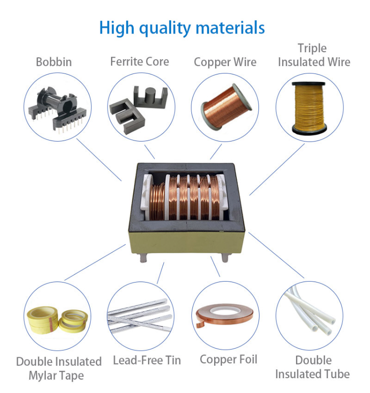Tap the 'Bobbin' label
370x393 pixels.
click(x=54, y=62)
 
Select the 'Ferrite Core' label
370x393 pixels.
click(x=140, y=62)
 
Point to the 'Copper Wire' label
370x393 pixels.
click(x=225, y=62)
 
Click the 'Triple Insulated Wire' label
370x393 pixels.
click(x=314, y=55)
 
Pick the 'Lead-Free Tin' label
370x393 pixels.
click(x=147, y=360)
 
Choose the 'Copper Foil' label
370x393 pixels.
click(x=228, y=359)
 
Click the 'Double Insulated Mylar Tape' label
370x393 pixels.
click(x=59, y=368)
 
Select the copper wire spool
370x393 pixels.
click(x=224, y=105)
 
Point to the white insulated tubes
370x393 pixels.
click(x=311, y=314)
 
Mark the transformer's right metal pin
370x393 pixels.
click(x=225, y=258)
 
